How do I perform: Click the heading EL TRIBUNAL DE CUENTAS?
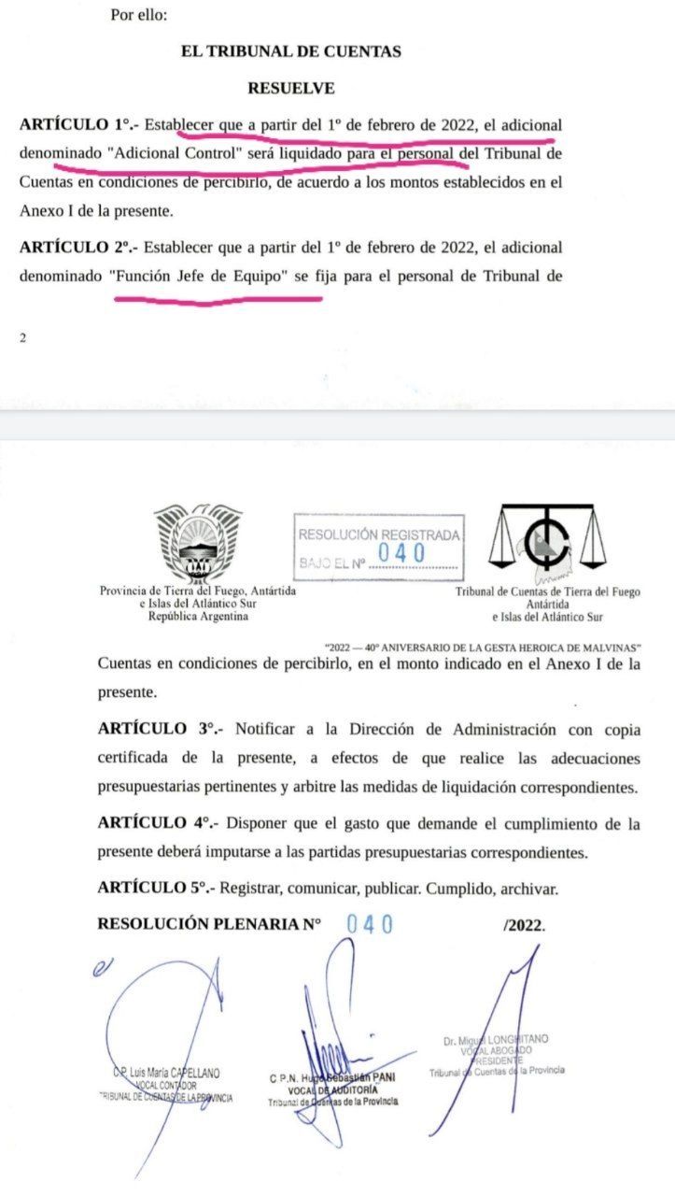291,52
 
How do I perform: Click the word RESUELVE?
291,89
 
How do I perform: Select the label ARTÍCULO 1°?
77,124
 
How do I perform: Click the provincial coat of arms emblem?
197,543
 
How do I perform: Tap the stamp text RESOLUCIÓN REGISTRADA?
378,534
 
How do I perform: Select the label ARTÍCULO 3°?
157,730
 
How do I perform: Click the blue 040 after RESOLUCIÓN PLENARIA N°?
370,924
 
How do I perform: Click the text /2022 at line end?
523,925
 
